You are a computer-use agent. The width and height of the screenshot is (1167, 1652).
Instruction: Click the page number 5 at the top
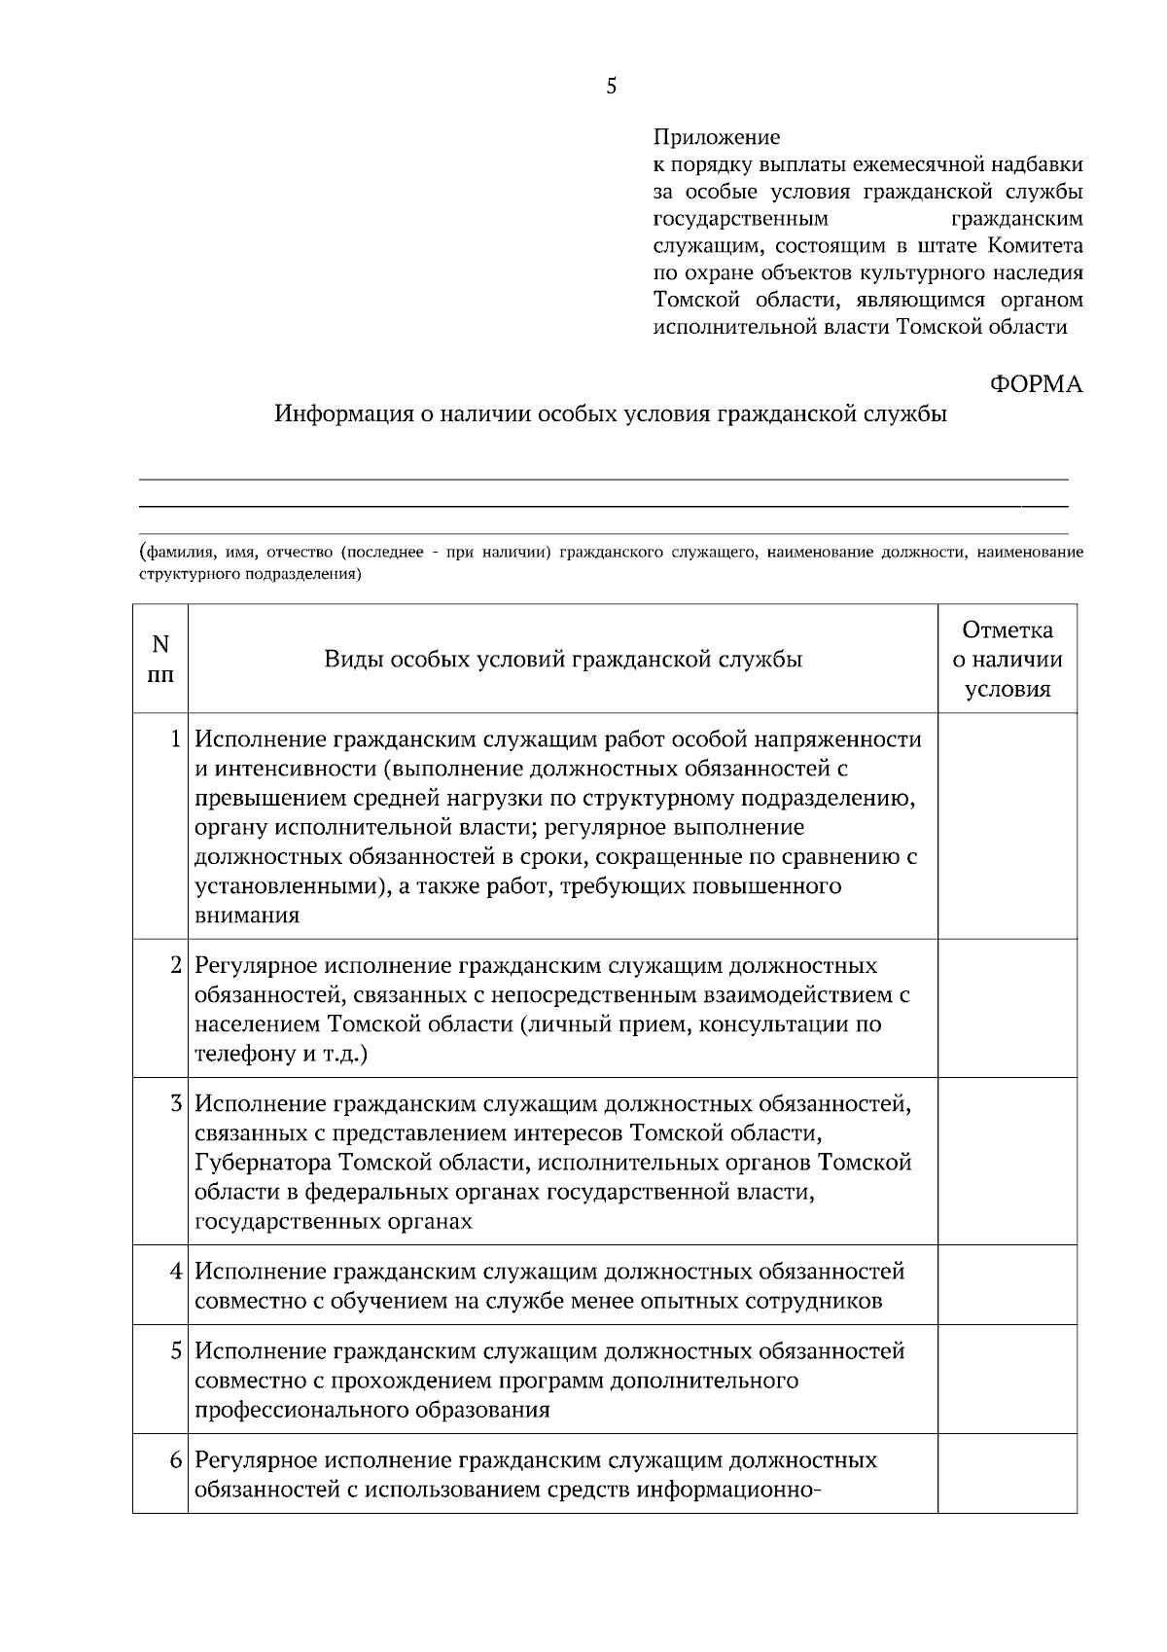(x=611, y=87)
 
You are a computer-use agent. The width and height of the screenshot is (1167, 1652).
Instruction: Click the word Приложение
(x=716, y=137)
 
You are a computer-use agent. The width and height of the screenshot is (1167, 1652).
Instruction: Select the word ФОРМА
(x=1036, y=384)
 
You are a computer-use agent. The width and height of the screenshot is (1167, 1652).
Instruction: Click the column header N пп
(x=160, y=659)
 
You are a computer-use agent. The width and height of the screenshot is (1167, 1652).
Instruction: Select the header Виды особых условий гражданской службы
(x=562, y=660)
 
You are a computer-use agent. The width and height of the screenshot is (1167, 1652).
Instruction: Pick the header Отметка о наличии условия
(x=1007, y=660)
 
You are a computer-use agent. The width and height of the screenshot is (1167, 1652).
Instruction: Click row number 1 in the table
(x=176, y=739)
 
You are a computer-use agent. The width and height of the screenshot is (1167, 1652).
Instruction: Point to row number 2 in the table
(x=176, y=965)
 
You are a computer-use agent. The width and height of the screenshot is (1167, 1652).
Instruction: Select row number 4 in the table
(x=176, y=1271)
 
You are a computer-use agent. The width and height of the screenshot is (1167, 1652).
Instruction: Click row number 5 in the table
(x=176, y=1350)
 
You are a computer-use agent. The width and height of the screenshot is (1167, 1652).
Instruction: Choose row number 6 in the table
(x=176, y=1460)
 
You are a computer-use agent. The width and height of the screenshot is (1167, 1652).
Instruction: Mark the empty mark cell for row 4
(x=1007, y=1285)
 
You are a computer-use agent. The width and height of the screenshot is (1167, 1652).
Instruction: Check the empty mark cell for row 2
(x=1007, y=1008)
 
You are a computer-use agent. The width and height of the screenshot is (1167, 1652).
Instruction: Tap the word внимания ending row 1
(x=247, y=916)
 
